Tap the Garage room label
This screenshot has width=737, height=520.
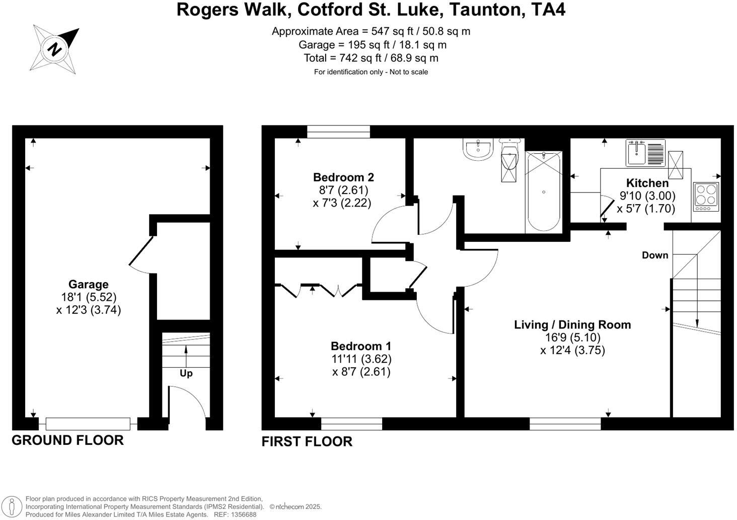(89, 284)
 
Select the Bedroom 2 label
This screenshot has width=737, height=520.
(343, 177)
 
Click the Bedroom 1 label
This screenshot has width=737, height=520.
(361, 346)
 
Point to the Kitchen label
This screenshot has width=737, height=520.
(647, 183)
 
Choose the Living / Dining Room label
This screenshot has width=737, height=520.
(572, 325)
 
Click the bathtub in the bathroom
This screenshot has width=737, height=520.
(543, 191)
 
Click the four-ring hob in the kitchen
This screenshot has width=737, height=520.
(706, 196)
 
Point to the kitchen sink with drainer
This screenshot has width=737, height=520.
(645, 153)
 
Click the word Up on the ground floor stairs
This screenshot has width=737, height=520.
(186, 373)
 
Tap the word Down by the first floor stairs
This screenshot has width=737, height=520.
(655, 255)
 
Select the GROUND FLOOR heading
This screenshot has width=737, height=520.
(67, 440)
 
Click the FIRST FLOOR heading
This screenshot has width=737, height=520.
(307, 442)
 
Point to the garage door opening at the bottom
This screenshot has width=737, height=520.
(88, 424)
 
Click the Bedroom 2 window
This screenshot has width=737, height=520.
(338, 132)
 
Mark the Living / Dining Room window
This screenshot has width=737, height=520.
(565, 424)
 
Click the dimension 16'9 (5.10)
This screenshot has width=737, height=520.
(572, 338)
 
